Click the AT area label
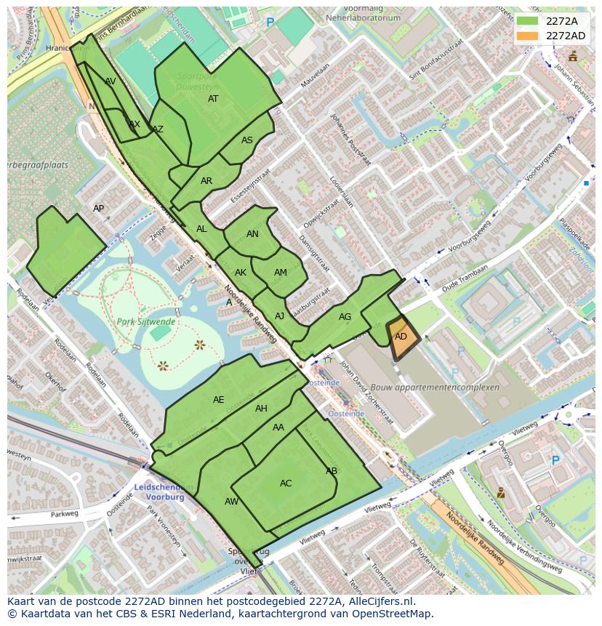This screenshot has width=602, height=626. (213, 99)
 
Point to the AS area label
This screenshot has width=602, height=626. (247, 140)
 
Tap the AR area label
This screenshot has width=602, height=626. (206, 181)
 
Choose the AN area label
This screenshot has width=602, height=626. (252, 234)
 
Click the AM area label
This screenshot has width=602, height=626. (281, 273)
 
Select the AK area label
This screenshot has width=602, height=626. (241, 273)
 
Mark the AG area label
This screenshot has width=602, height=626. (345, 317)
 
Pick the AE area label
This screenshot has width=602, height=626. (219, 400)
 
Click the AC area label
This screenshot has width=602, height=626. (286, 483)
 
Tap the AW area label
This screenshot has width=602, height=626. (231, 502)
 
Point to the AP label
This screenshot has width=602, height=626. (99, 209)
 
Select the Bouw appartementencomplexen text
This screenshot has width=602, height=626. (435, 388)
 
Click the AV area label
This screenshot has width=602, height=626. (111, 81)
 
